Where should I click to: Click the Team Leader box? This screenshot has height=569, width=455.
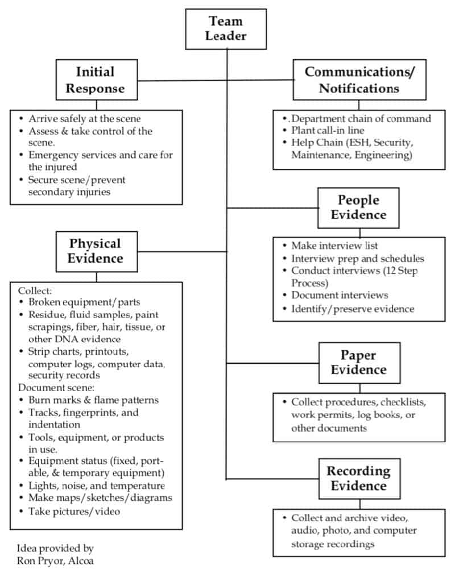coord(226,28)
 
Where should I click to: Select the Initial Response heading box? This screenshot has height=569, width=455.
coord(96,80)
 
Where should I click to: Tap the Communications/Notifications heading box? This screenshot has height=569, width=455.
coord(359,80)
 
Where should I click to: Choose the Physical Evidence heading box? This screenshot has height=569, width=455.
coord(96,251)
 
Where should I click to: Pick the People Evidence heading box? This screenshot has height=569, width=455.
coord(358,207)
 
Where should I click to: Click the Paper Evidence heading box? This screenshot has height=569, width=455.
coord(358,362)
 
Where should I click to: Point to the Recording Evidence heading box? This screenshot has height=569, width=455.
coord(358,478)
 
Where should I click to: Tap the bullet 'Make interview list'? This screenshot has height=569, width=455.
coord(334,246)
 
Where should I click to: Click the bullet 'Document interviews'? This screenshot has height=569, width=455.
coord(340,296)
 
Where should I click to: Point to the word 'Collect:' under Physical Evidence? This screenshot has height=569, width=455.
coord(35,290)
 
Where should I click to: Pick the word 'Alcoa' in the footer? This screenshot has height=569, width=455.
coord(82,560)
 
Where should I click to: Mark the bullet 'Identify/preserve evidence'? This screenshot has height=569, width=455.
coord(353,309)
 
